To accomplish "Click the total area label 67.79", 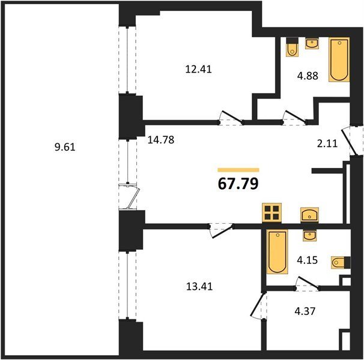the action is pyautogui.click(x=238, y=184).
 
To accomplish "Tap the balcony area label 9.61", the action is pyautogui.click(x=65, y=147).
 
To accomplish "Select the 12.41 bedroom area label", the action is pyautogui.click(x=198, y=69).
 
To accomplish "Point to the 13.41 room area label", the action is pyautogui.click(x=199, y=286).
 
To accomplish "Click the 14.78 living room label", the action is pyautogui.click(x=161, y=140).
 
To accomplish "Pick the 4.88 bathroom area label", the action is pyautogui.click(x=308, y=76).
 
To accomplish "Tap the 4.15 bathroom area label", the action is pyautogui.click(x=307, y=260).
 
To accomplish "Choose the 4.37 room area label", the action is pyautogui.click(x=305, y=311).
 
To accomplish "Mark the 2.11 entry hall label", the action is pyautogui.click(x=327, y=143).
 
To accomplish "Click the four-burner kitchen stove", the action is pyautogui.click(x=272, y=213).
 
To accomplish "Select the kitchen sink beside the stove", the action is pyautogui.click(x=309, y=215).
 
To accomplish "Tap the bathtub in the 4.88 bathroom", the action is pyautogui.click(x=339, y=60).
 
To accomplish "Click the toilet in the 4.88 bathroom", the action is pyautogui.click(x=292, y=47).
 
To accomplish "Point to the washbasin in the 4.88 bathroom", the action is pyautogui.click(x=312, y=43).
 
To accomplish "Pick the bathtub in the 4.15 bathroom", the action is pyautogui.click(x=277, y=251).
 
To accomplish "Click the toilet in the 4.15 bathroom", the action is pyautogui.click(x=341, y=263).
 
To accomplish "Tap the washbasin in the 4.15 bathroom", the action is pyautogui.click(x=309, y=236).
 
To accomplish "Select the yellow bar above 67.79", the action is pyautogui.click(x=238, y=170).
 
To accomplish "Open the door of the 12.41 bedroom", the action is pyautogui.click(x=231, y=117).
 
